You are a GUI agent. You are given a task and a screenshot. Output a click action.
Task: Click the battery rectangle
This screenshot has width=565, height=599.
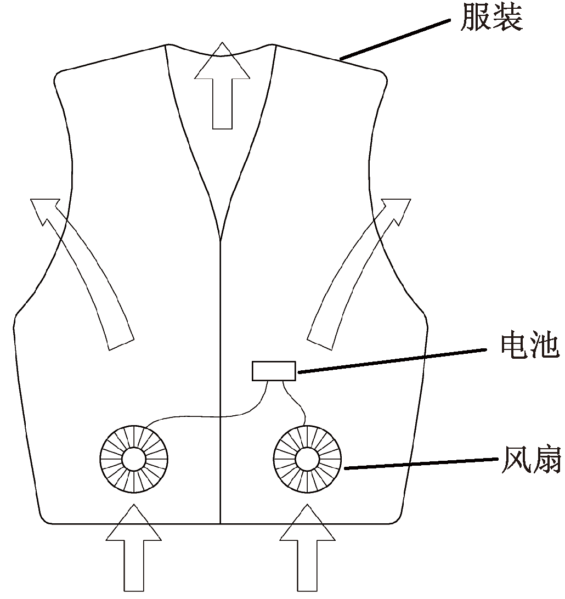tap(274, 371)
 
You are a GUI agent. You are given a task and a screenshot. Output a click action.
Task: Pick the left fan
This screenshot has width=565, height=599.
tap(134, 459)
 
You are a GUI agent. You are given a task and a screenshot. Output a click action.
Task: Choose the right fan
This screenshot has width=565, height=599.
tap(307, 459)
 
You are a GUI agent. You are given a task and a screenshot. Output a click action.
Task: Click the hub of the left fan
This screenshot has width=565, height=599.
tap(134, 459)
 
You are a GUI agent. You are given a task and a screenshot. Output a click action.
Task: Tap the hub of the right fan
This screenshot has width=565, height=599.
tap(307, 459)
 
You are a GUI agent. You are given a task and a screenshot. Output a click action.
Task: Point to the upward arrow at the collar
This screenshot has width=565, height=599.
tap(222, 88)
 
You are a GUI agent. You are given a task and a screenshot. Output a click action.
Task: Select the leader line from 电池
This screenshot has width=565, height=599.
tap(392, 359)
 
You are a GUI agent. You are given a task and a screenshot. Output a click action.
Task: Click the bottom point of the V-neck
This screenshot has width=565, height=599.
tap(220, 239)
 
